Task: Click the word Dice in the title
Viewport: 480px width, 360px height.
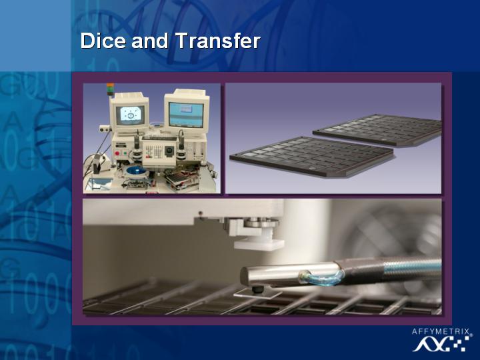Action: [103, 41]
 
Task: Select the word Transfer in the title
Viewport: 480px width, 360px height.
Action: [217, 41]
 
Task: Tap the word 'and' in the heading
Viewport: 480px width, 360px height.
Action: [150, 41]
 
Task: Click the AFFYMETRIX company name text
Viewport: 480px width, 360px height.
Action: [441, 331]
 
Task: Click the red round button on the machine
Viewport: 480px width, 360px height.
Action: [117, 153]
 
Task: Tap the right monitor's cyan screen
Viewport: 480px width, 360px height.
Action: [187, 115]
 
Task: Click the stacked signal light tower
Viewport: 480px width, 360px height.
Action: [110, 89]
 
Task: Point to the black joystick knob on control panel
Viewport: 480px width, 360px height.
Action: [169, 151]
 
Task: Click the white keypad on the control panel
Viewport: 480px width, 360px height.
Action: [154, 151]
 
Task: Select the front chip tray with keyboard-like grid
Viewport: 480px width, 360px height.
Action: [311, 156]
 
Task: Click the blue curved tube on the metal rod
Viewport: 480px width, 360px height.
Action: [323, 278]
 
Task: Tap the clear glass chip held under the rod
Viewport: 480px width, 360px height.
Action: [257, 295]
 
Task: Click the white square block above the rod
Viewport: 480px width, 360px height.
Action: [259, 244]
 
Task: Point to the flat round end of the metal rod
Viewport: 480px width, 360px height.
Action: [245, 276]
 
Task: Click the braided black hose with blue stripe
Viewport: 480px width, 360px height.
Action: [389, 269]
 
